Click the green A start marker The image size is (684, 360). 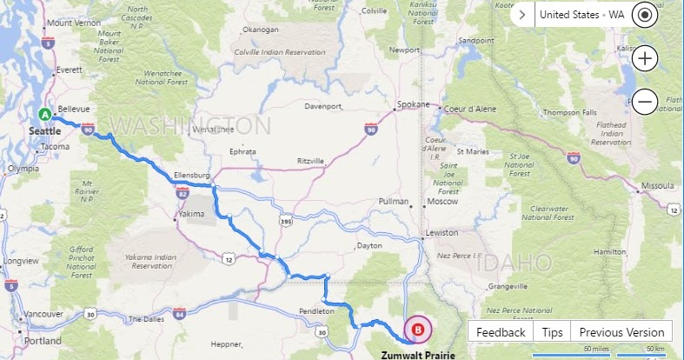pyautogui.click(x=44, y=114)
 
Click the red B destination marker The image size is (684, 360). pyautogui.click(x=419, y=330)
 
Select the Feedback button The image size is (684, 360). pyautogui.click(x=501, y=332)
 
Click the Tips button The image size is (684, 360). pyautogui.click(x=552, y=332)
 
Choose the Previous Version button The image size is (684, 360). pyautogui.click(x=621, y=332)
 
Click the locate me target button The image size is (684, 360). pyautogui.click(x=644, y=15)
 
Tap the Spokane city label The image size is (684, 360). pyautogui.click(x=413, y=104)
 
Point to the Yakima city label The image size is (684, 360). pyautogui.click(x=190, y=213)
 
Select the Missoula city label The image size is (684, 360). pyautogui.click(x=656, y=186)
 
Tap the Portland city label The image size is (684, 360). pyautogui.click(x=43, y=341)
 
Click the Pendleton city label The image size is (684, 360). pyautogui.click(x=316, y=310)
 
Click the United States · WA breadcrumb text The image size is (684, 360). pyautogui.click(x=581, y=15)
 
